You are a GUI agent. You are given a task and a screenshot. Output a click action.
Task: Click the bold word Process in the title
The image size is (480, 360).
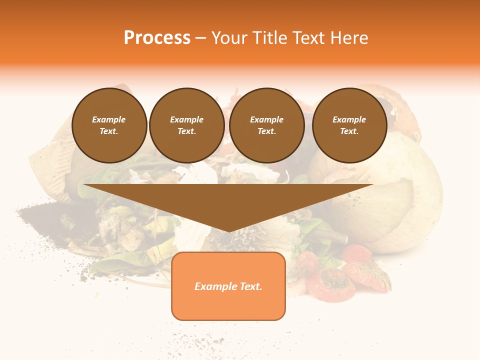(x=157, y=38)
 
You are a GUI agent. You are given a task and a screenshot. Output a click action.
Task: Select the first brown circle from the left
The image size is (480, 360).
(x=109, y=125)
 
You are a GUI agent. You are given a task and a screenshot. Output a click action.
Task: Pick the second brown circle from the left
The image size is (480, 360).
(x=186, y=125)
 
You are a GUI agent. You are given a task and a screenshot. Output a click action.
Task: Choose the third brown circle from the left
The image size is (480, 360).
(x=266, y=125)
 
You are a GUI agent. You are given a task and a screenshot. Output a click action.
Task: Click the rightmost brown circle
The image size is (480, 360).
(x=349, y=125)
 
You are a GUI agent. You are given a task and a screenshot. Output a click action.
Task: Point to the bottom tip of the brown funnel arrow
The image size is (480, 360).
(x=229, y=231)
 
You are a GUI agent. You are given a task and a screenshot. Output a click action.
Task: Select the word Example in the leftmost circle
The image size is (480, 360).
(x=109, y=120)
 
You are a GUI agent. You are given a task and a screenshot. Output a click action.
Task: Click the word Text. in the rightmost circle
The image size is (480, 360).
(x=349, y=131)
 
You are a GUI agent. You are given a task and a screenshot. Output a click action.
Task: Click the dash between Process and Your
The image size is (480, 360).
(x=200, y=38)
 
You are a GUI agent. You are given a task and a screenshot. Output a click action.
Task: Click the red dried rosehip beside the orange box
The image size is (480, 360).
(x=330, y=282)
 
